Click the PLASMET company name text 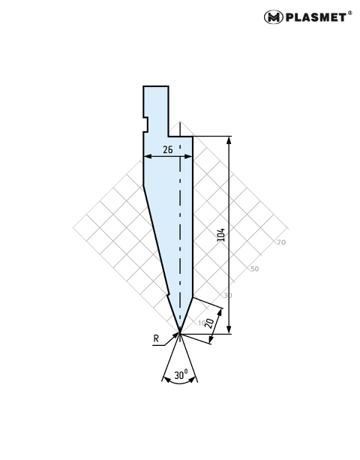[316, 17]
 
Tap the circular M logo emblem [273, 17]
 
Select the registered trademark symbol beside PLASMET [350, 13]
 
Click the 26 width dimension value [168, 149]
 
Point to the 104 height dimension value [221, 235]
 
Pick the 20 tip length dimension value [210, 323]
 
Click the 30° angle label [181, 374]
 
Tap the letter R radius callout [156, 338]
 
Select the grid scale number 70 [281, 242]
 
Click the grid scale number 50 [254, 269]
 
